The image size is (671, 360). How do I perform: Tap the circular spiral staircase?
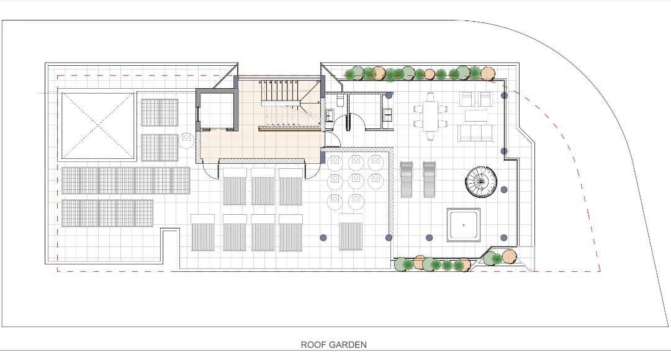pos(480,181)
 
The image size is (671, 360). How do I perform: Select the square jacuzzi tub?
pos(464,225)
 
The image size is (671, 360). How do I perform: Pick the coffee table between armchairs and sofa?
pos(476,115)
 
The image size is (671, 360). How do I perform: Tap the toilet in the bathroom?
pos(340,101)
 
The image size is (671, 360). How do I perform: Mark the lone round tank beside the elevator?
pos(187,140)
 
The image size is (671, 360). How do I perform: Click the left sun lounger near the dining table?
pos(407,179)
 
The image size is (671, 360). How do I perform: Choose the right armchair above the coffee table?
pos(485,99)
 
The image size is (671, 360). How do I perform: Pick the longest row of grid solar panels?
pos(126,180)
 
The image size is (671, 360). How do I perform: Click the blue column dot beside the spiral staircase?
pos(504,190)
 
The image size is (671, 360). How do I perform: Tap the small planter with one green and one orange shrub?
pos(500,258)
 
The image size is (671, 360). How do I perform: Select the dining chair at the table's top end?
pos(430,97)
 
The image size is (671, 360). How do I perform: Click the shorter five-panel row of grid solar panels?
pos(107,213)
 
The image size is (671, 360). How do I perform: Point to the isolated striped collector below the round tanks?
pos(351,232)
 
